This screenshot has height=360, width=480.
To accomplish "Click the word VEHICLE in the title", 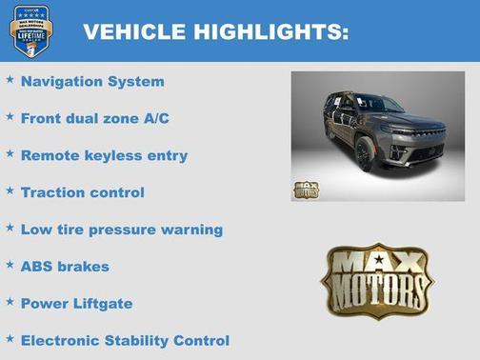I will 133,31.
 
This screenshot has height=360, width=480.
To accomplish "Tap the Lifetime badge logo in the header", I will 30,30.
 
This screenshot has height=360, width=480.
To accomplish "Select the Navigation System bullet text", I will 92,82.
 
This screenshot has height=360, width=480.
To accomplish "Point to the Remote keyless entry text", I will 104,155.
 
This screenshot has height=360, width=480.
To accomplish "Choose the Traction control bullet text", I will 83,192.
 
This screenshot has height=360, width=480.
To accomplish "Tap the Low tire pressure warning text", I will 121,230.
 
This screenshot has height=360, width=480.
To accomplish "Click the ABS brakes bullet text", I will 65,267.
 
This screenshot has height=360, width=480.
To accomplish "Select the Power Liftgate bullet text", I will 77,304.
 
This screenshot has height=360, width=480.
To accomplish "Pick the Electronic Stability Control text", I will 125,341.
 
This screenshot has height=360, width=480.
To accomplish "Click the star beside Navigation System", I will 10,80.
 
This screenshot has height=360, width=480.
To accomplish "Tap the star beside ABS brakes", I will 10,265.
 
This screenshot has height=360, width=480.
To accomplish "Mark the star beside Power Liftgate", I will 10,302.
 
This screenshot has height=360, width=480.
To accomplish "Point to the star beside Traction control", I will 10,190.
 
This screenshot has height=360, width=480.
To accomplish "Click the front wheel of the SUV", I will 365,152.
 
